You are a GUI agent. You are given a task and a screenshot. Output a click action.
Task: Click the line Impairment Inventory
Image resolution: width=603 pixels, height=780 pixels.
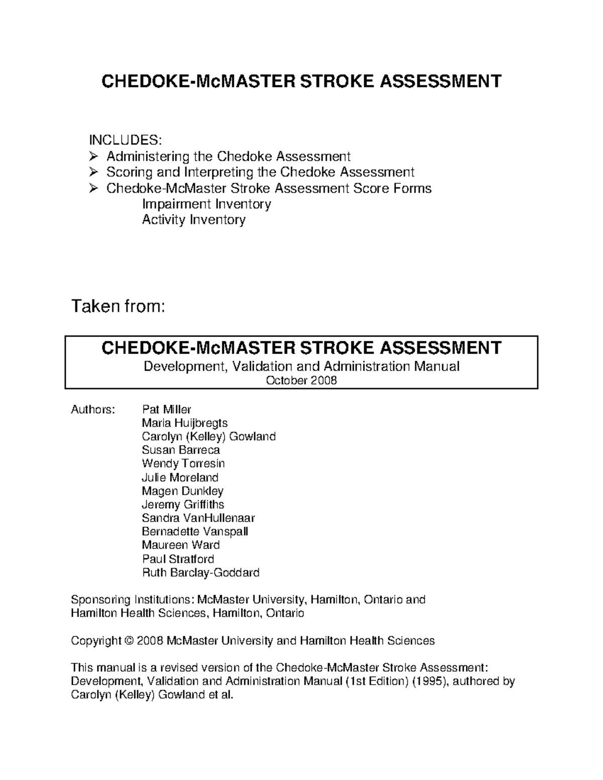click(x=206, y=204)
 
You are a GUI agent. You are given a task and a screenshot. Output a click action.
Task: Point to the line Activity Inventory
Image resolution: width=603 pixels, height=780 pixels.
click(x=193, y=219)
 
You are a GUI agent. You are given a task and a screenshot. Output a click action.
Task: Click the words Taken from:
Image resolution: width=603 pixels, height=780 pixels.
click(x=118, y=306)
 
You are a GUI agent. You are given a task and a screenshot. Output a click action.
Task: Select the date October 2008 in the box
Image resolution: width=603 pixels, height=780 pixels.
click(x=301, y=380)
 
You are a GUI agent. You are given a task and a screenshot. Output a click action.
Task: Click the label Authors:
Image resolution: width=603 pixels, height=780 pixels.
click(x=93, y=409)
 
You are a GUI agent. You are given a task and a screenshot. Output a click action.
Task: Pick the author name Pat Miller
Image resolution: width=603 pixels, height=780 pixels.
click(x=166, y=409)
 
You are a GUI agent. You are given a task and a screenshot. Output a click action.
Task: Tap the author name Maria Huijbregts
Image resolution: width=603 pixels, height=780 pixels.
click(x=184, y=423)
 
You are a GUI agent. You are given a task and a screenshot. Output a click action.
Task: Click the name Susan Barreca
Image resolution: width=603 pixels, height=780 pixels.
click(x=180, y=450)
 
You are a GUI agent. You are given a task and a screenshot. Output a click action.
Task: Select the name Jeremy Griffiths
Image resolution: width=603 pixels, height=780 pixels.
click(x=183, y=504)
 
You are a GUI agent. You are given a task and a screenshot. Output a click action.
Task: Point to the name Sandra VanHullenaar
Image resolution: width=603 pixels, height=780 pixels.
click(x=198, y=518)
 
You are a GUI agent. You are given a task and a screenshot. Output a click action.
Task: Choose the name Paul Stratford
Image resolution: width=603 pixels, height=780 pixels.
click(x=178, y=559)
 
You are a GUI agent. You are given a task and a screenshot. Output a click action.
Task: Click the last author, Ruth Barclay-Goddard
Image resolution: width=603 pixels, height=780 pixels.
click(x=200, y=573)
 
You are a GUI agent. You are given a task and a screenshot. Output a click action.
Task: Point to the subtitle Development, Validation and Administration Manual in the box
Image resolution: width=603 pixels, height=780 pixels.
click(x=301, y=366)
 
